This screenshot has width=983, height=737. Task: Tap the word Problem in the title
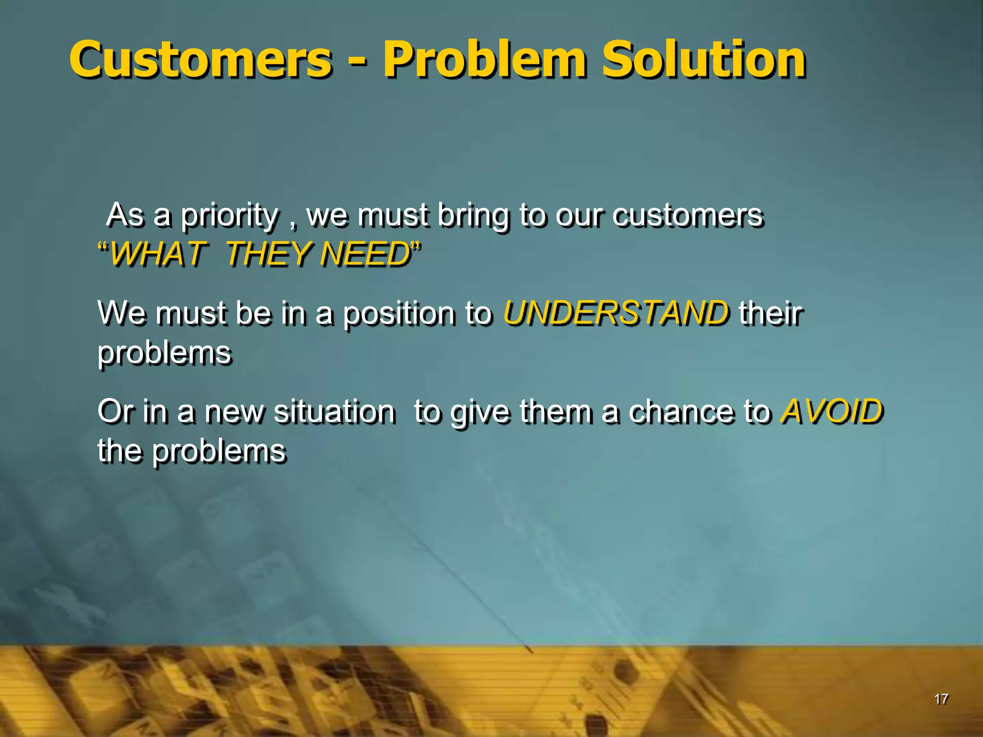(484, 60)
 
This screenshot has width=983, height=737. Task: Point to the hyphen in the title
(357, 62)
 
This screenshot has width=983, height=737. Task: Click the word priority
(230, 216)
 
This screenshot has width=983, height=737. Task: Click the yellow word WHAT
(158, 254)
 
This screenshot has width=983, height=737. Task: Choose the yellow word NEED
(365, 254)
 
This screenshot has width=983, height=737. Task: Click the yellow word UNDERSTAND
(616, 313)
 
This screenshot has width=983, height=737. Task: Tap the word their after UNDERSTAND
(770, 313)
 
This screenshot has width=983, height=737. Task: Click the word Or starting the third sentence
(115, 412)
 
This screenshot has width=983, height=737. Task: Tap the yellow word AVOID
(832, 412)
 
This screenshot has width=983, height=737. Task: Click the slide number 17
(941, 699)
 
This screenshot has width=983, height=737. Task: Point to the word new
(234, 412)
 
